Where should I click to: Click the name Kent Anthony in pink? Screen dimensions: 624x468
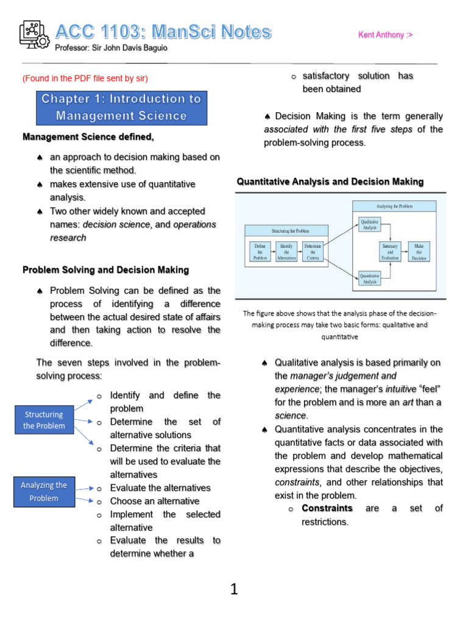pos(385,35)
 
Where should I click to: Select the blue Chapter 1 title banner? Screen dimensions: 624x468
pos(121,107)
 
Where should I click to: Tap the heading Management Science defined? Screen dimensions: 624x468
pos(88,136)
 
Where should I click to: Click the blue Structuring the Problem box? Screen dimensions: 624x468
pos(44,420)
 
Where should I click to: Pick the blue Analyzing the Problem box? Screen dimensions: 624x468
pos(44,491)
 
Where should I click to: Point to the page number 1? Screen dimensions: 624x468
pos(234,589)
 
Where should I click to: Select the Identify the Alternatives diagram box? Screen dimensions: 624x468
pos(286,251)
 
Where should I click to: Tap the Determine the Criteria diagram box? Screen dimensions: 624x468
pos(313,251)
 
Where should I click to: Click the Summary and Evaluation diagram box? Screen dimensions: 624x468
pos(390,251)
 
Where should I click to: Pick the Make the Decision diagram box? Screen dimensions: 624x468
pos(419,251)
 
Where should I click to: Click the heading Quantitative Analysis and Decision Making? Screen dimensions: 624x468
pos(330,182)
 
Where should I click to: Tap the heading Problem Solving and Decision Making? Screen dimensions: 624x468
pos(105,269)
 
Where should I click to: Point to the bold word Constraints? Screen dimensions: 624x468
pos(327,508)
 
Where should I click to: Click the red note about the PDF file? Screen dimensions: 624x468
pos(85,78)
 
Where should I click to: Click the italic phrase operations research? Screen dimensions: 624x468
pos(195,224)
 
